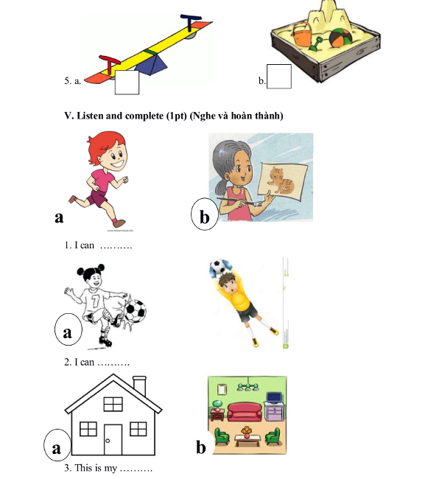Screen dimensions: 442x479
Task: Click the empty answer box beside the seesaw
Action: click(x=127, y=83)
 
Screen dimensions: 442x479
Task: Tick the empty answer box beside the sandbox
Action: click(x=279, y=77)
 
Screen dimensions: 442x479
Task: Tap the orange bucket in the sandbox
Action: click(x=302, y=34)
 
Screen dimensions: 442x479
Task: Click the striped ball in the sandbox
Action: click(x=340, y=38)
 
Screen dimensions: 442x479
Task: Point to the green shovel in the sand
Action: click(x=315, y=44)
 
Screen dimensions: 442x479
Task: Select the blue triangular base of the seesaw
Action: click(x=152, y=64)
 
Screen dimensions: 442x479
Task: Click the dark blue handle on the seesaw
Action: click(x=191, y=22)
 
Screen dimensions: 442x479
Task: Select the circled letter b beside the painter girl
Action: click(x=204, y=214)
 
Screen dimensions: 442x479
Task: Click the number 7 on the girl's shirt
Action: click(x=96, y=301)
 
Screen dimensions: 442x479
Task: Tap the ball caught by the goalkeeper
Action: click(x=217, y=267)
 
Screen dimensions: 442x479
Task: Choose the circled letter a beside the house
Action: click(x=57, y=445)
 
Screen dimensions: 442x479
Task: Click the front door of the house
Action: click(x=113, y=440)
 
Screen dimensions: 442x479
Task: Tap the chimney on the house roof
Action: click(x=139, y=386)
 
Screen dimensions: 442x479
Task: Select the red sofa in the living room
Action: click(x=245, y=413)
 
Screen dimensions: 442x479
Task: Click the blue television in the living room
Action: click(x=274, y=398)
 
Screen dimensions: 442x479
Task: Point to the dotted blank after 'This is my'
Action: click(x=136, y=469)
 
